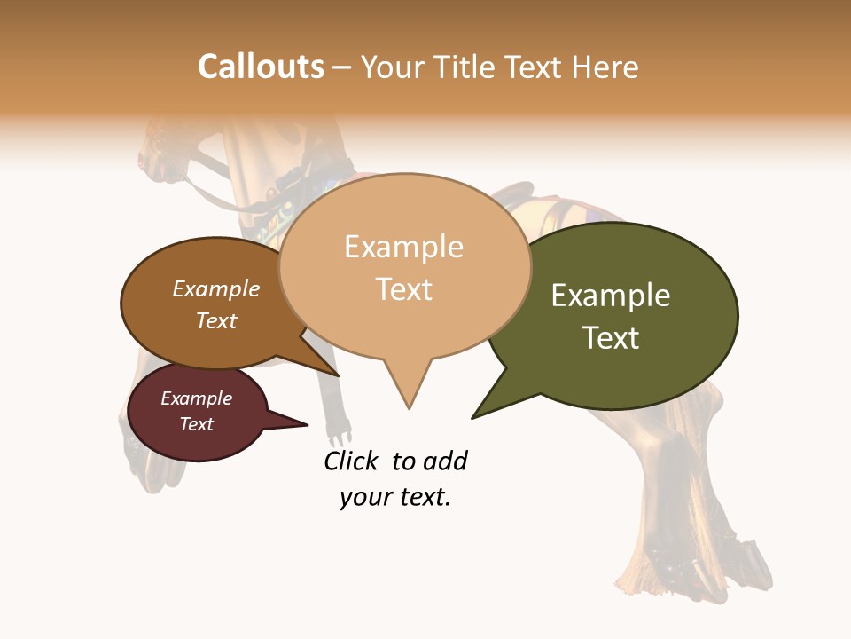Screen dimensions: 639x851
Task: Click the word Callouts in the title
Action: click(261, 67)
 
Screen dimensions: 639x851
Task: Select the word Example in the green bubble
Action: click(611, 296)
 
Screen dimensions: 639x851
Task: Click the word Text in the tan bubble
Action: click(404, 289)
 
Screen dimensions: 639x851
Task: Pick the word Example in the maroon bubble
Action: click(196, 398)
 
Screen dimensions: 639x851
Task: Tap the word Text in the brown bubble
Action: click(216, 320)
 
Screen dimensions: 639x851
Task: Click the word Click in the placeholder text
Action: click(352, 461)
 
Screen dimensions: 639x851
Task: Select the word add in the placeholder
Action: click(445, 461)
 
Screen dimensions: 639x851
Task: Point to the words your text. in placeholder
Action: click(395, 497)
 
